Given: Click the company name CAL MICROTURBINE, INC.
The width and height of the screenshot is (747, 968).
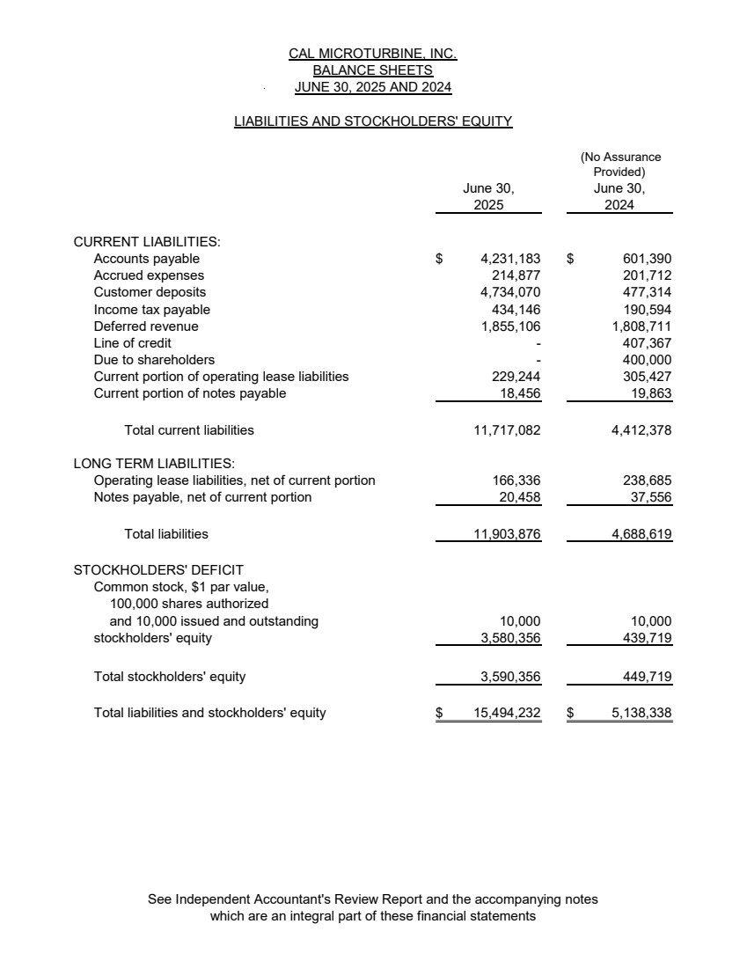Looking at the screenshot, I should [x=373, y=54].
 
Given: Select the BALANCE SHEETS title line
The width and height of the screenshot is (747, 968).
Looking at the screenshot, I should [x=373, y=70].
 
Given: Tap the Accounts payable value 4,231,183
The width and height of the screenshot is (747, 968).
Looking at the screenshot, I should [x=510, y=259].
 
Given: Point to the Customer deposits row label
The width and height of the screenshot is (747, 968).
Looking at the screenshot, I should [x=150, y=292].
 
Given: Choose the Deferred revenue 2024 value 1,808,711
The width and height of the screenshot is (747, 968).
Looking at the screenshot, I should [x=641, y=326].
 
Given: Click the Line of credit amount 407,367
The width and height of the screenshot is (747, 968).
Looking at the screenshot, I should [x=647, y=343].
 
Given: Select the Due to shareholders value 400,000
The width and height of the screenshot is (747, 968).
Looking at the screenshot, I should [x=647, y=360].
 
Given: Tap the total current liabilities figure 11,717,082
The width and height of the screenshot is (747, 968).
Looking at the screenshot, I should [x=507, y=430].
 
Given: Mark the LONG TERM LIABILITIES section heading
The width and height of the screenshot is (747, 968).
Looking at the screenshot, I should [x=153, y=463].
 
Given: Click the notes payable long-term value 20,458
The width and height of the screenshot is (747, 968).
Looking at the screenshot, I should [x=519, y=497].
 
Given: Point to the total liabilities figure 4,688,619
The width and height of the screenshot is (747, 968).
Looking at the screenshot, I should [x=641, y=534].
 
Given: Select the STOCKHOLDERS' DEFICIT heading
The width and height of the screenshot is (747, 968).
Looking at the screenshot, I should [x=158, y=569].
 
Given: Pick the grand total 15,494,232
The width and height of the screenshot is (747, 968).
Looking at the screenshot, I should [x=507, y=713].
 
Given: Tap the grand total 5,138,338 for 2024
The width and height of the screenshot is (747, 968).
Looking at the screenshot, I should [x=641, y=713].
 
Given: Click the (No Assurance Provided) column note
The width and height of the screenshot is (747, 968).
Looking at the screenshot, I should [x=620, y=165].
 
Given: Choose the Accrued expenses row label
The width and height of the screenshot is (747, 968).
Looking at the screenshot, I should [x=149, y=275].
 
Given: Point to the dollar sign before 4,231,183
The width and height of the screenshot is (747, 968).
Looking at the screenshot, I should [x=439, y=259].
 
